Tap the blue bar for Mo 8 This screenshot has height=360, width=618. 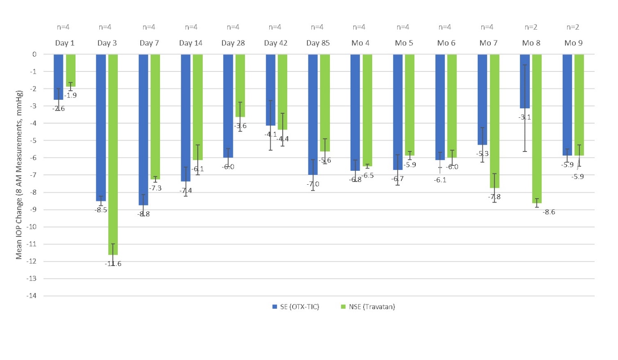525,81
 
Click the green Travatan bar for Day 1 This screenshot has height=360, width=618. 71,70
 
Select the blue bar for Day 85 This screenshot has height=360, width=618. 312,114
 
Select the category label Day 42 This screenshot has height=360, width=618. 276,43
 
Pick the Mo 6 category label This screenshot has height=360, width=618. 446,43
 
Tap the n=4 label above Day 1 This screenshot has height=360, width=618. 63,27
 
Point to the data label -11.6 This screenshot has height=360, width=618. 113,264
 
